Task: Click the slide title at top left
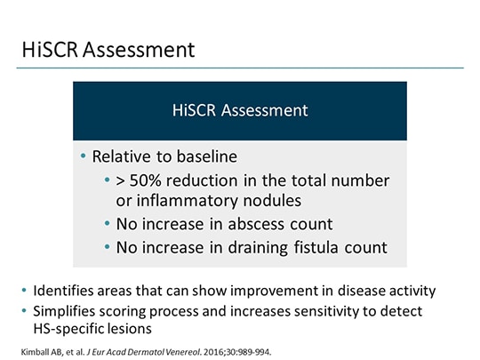tap(108, 50)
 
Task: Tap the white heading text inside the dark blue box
tap(240, 111)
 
